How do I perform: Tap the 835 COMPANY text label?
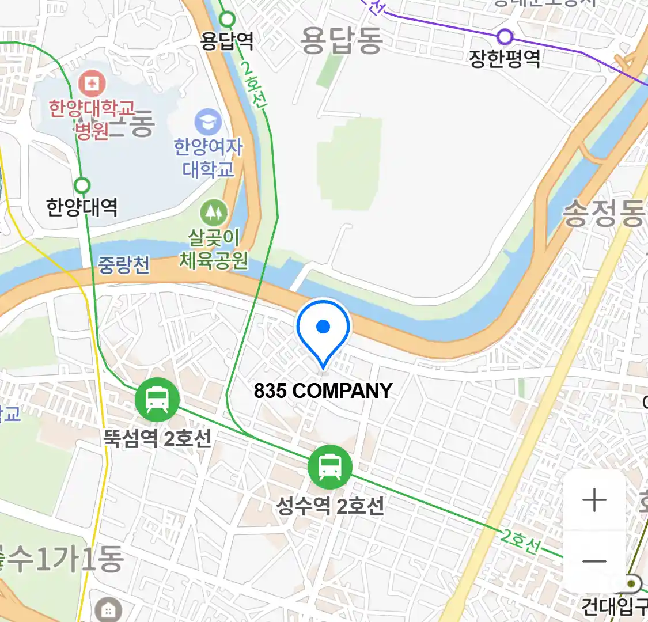tap(323, 391)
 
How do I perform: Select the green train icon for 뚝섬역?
tap(157, 399)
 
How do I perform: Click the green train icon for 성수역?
tap(329, 466)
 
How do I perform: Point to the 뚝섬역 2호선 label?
tap(157, 439)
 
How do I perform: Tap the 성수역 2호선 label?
tap(330, 506)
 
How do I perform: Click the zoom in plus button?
tap(594, 500)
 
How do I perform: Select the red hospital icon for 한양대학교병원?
tap(91, 84)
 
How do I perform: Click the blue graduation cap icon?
tap(208, 122)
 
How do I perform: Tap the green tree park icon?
tap(214, 213)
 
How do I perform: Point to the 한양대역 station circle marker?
tap(82, 185)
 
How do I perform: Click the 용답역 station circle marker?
tap(228, 20)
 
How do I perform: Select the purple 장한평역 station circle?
tap(505, 37)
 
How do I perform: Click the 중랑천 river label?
tap(124, 265)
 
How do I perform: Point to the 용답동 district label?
tap(342, 40)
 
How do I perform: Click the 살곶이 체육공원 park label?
tap(214, 249)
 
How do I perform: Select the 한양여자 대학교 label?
tap(209, 158)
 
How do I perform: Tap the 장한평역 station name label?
tap(505, 58)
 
